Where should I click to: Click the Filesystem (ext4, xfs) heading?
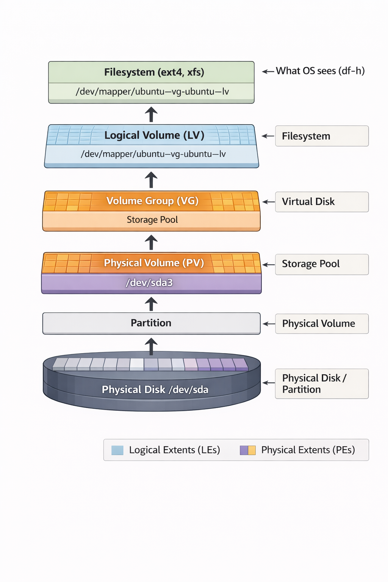154,72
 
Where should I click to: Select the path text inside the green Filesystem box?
152,92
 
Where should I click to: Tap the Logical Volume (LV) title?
154,135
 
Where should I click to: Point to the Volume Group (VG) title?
152,201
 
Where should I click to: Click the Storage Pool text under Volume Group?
152,220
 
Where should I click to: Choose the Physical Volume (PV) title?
154,263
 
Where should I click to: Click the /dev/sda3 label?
149,283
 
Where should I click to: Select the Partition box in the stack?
151,323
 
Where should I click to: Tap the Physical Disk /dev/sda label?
155,390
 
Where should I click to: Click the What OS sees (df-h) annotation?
320,71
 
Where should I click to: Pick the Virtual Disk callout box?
322,202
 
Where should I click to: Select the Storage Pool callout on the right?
322,264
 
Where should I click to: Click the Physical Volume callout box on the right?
322,324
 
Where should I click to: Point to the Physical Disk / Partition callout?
322,383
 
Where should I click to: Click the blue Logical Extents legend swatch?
117,450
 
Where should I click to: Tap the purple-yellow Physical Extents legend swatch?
248,450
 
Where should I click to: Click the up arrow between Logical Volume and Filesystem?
151,114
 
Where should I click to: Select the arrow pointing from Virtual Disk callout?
268,202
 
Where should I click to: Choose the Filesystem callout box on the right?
322,136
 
